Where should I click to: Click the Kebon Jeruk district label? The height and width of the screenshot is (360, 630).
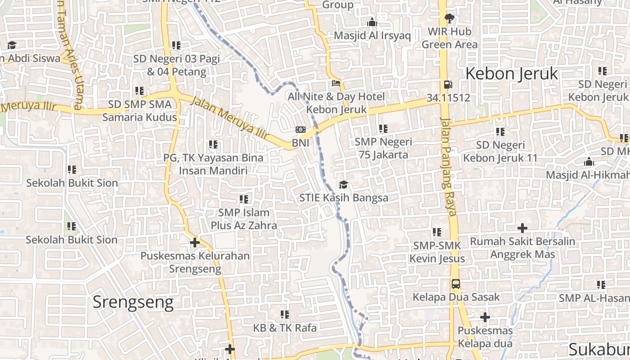point(512,73)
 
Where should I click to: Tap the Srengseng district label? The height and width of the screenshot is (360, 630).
point(133,302)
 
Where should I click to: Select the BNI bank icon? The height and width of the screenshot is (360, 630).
point(300,130)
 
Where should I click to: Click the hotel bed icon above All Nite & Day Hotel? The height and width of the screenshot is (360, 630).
point(336,83)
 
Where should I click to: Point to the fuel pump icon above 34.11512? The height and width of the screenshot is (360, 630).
point(448,84)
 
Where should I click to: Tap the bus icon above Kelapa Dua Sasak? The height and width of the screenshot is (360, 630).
point(456,284)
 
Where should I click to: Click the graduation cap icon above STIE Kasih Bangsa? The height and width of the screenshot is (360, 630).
point(343,184)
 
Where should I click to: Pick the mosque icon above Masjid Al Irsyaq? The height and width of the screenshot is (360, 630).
point(372,22)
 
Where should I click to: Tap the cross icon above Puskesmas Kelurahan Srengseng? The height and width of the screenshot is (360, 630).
point(194,243)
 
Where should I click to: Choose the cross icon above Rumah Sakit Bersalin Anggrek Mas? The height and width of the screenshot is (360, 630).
point(522,228)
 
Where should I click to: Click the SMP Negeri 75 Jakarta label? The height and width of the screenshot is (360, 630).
point(383,148)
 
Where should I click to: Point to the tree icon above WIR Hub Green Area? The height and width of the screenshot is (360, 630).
point(449,18)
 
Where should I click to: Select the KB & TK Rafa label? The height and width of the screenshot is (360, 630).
point(285,328)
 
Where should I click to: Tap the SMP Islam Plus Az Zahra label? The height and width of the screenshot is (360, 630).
point(244,219)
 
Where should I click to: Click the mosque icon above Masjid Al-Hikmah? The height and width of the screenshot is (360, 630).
point(589,162)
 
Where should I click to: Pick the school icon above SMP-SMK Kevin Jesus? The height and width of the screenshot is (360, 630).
point(437,232)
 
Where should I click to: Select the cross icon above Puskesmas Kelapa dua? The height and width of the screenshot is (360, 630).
point(485,317)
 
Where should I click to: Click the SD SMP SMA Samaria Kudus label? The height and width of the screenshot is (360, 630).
point(139,111)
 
